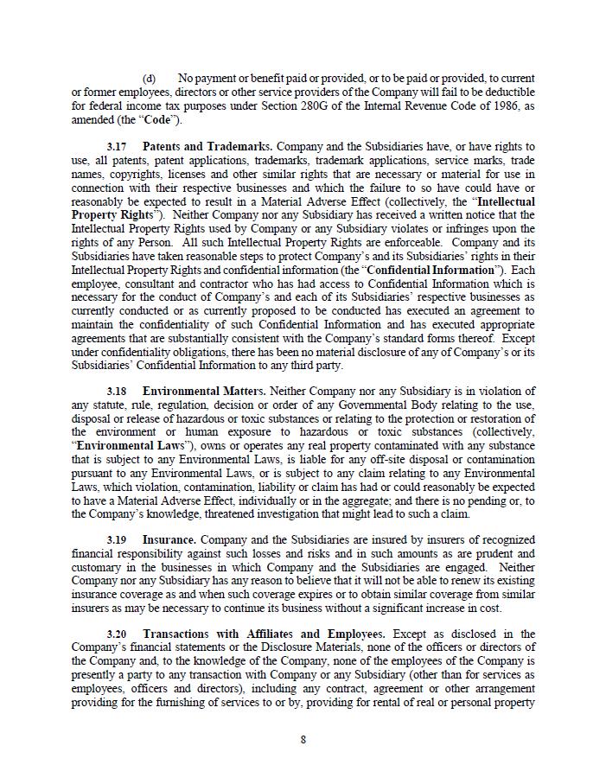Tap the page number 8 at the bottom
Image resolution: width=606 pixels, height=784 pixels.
coord(303,739)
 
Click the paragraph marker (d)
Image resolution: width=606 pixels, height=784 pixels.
coord(149,79)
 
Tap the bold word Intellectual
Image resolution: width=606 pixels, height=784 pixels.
coord(506,201)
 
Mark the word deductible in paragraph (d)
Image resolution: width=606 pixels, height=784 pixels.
coord(507,92)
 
